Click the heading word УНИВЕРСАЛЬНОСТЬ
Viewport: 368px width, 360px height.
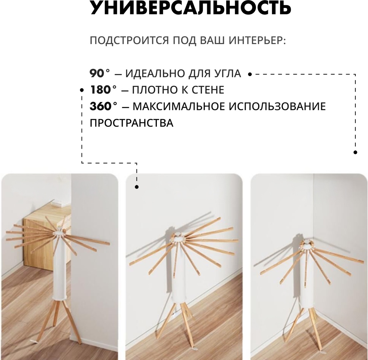[x=190, y=8]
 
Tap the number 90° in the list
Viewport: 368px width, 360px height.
[x=100, y=74]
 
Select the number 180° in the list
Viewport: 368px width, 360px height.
[x=103, y=90]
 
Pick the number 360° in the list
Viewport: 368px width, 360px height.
[x=104, y=106]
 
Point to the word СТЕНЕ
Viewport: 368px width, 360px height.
[x=208, y=90]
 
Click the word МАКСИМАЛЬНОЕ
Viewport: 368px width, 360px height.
[x=179, y=106]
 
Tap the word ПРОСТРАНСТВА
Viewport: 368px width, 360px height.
[x=132, y=123]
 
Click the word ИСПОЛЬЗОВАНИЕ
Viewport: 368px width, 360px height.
[x=277, y=106]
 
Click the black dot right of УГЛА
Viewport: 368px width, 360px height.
[x=250, y=74]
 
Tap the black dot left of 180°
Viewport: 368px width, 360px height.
[x=82, y=90]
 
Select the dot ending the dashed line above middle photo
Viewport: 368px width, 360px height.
[x=137, y=187]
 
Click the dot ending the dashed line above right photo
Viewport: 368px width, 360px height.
[x=355, y=152]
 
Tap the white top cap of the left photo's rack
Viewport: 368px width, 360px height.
[x=59, y=233]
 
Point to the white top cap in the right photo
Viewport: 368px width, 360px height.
[x=306, y=245]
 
